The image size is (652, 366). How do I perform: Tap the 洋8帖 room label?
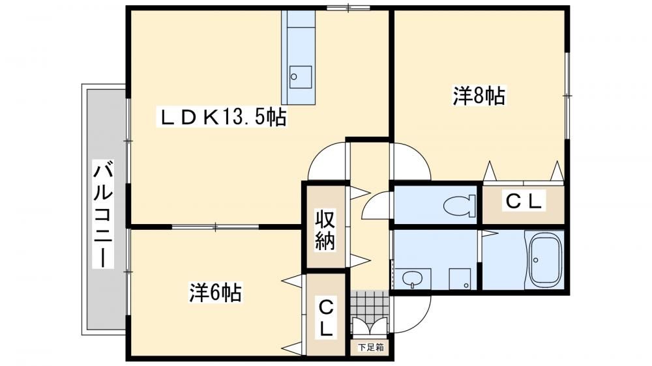[479, 96]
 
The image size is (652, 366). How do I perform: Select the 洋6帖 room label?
[215, 292]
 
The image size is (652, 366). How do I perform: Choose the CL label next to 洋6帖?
[327, 318]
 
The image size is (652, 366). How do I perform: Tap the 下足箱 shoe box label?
[371, 347]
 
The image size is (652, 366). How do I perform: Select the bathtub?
[544, 260]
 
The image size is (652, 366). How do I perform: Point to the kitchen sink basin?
[300, 77]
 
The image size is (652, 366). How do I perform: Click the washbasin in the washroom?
[413, 278]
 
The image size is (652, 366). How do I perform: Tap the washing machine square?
[460, 278]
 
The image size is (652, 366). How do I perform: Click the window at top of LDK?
[348, 7]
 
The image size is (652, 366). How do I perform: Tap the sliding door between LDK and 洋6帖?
[215, 227]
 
